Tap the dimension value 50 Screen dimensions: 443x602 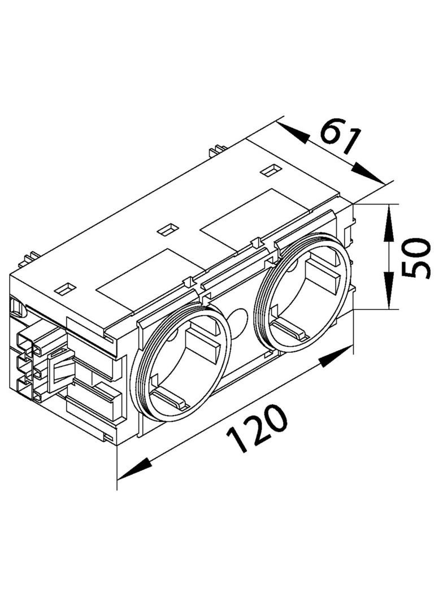pos(415,258)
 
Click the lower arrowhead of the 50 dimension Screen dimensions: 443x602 pos(389,290)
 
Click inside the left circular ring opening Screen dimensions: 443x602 pos(181,363)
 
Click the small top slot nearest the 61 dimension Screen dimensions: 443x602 pos(271,170)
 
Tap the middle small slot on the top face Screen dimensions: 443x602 pos(168,229)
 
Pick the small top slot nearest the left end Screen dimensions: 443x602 pos(66,289)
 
